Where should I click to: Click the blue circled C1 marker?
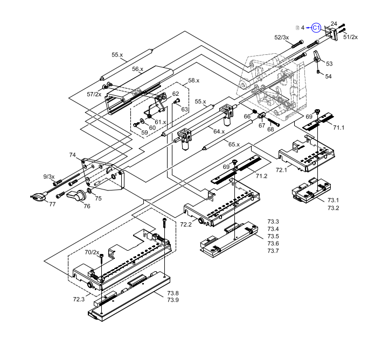pyautogui.click(x=316, y=27)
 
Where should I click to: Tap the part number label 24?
pyautogui.click(x=334, y=24)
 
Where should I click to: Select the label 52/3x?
pyautogui.click(x=281, y=38)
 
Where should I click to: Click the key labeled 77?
pyautogui.click(x=36, y=197)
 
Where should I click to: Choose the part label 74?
pyautogui.click(x=72, y=155)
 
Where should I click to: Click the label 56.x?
pyautogui.click(x=138, y=69)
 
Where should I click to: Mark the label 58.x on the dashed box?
pyautogui.click(x=193, y=80)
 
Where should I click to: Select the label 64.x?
pyautogui.click(x=219, y=131)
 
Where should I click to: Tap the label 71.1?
pyautogui.click(x=338, y=128)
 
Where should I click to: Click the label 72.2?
pyautogui.click(x=186, y=224)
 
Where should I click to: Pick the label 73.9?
pyautogui.click(x=172, y=300)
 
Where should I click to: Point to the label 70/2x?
pyautogui.click(x=92, y=252)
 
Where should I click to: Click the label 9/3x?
pyautogui.click(x=49, y=177)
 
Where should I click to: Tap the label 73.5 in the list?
pyautogui.click(x=273, y=236)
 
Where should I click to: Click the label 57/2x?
pyautogui.click(x=94, y=94)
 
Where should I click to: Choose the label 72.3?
pyautogui.click(x=79, y=299)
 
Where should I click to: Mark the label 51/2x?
pyautogui.click(x=350, y=37)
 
